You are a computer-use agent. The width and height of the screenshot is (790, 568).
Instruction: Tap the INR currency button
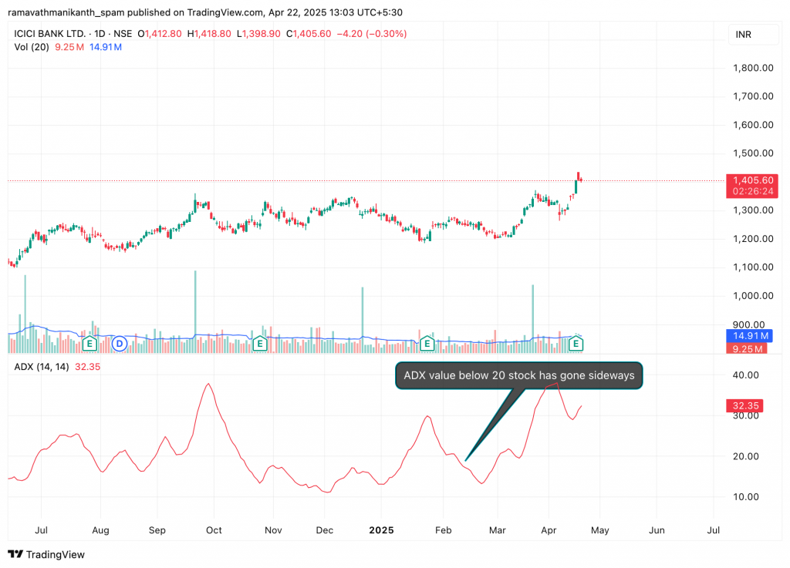pyautogui.click(x=744, y=35)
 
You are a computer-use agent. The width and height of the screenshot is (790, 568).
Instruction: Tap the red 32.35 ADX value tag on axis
pyautogui.click(x=743, y=405)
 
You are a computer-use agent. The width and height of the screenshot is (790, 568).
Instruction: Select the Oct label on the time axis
pyautogui.click(x=214, y=530)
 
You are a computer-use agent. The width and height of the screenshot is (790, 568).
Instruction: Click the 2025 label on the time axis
pyautogui.click(x=381, y=530)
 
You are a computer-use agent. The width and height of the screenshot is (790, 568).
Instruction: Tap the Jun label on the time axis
pyautogui.click(x=657, y=530)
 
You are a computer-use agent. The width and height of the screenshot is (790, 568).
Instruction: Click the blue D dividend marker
pyautogui.click(x=120, y=343)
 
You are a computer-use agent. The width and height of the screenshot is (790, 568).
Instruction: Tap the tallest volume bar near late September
pyautogui.click(x=195, y=308)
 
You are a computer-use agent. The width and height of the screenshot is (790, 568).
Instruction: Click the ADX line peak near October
pyautogui.click(x=207, y=384)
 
